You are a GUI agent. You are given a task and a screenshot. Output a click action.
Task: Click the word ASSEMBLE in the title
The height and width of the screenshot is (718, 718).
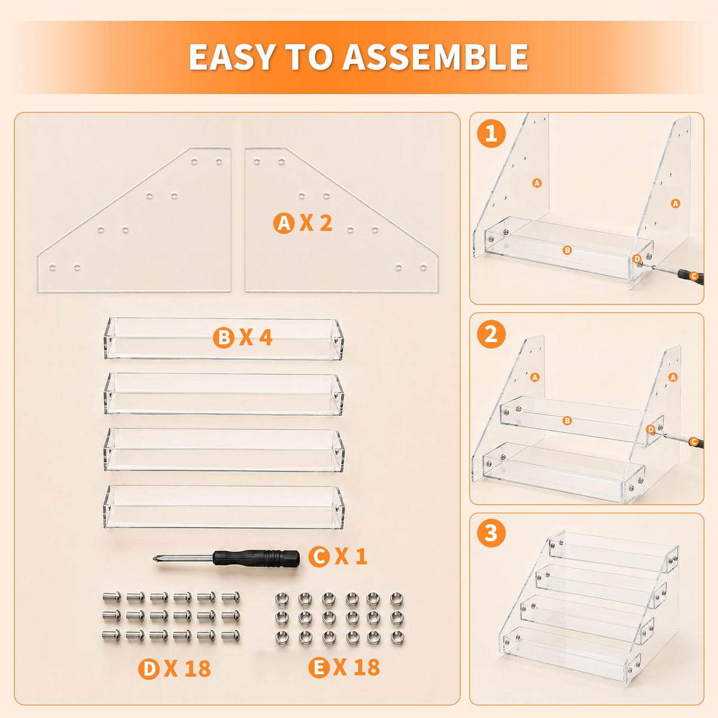435,57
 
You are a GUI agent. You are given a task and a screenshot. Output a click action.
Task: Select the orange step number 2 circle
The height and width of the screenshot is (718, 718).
491,334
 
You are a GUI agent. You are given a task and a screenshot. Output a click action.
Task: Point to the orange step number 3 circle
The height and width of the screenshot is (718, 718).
491,533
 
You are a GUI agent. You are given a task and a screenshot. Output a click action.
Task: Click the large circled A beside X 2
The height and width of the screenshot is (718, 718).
284,223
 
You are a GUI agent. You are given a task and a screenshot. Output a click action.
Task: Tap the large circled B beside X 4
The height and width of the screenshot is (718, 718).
224,337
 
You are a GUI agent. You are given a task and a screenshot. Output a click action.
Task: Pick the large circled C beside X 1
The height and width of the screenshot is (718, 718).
320,556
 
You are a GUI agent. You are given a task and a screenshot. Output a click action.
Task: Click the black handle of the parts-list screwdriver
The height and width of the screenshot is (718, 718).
256,558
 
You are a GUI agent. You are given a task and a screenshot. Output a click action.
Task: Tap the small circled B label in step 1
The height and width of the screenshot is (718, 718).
567,250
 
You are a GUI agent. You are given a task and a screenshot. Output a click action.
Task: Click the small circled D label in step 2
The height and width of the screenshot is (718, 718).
651,430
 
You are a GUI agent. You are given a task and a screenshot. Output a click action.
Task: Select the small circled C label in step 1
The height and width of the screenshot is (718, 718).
693,276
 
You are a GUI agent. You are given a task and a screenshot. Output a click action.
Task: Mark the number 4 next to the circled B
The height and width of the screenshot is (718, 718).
266,337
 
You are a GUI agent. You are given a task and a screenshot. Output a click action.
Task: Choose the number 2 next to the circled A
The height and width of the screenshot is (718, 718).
325,223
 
